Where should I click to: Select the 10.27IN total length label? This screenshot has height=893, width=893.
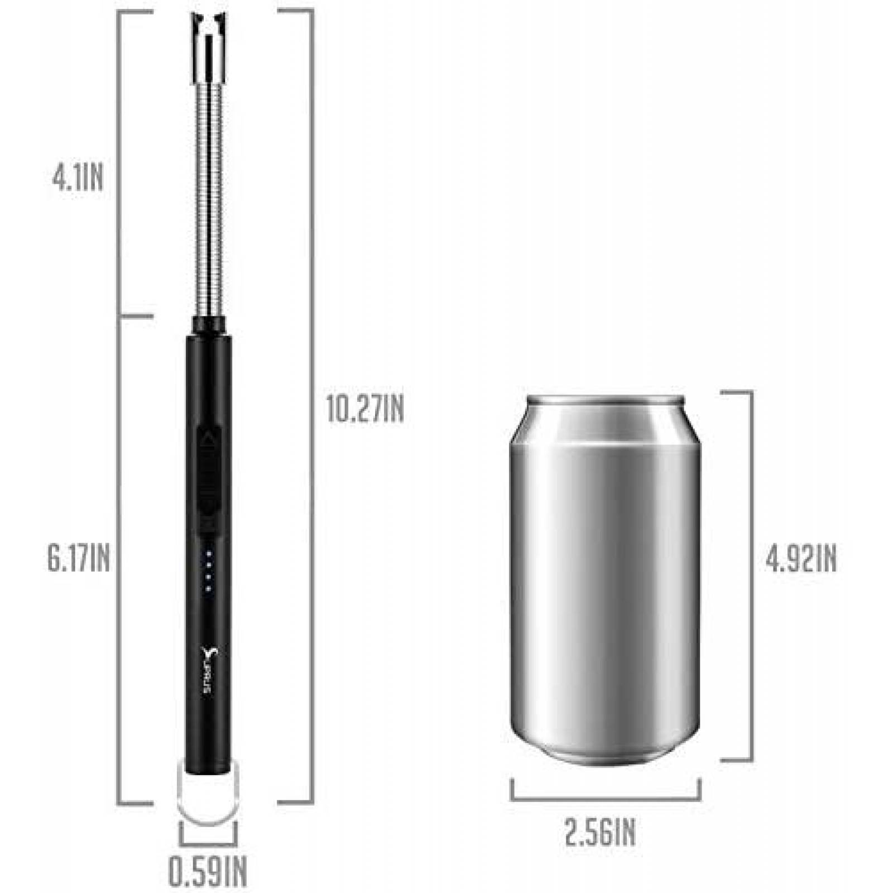tap(365, 410)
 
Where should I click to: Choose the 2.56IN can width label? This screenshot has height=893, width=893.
tap(600, 833)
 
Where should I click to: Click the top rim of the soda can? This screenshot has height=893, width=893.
tap(606, 402)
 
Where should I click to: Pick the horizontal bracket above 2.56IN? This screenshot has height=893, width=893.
tap(606, 798)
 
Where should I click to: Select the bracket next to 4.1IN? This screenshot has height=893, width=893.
tap(120, 162)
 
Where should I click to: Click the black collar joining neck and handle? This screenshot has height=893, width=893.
tap(209, 324)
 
